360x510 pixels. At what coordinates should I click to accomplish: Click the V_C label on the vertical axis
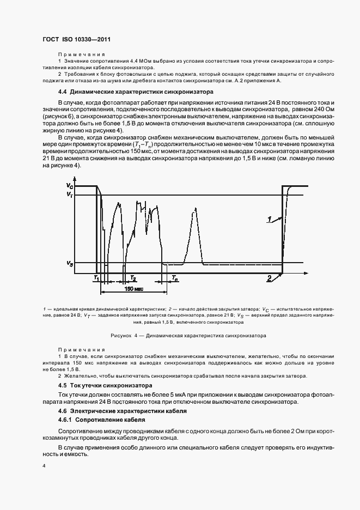[x=69, y=186]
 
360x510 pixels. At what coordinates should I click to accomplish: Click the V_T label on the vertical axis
[x=69, y=195]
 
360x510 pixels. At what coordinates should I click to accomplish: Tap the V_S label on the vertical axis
[x=69, y=264]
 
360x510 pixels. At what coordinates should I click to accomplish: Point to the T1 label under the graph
[x=96, y=277]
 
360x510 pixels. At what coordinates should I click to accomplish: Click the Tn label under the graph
[x=174, y=277]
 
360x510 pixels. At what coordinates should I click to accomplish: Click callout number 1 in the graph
[x=269, y=219]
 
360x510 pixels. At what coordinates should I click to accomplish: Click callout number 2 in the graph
[x=269, y=278]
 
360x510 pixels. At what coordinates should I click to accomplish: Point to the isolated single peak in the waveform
[x=196, y=229]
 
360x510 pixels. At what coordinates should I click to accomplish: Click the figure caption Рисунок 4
[x=180, y=336]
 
